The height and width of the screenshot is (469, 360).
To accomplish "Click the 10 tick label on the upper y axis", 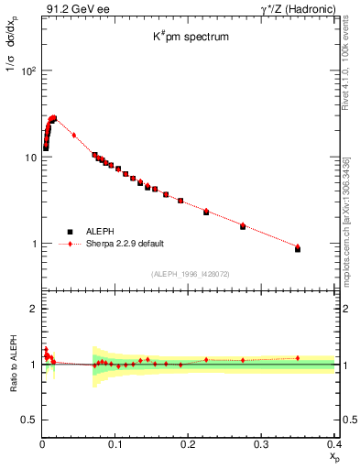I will click(31, 158).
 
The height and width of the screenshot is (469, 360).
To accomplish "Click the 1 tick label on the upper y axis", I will click(34, 245).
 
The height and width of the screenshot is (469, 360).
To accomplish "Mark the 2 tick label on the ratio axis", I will click(34, 309).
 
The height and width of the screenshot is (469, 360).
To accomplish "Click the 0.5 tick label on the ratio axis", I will click(30, 420).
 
